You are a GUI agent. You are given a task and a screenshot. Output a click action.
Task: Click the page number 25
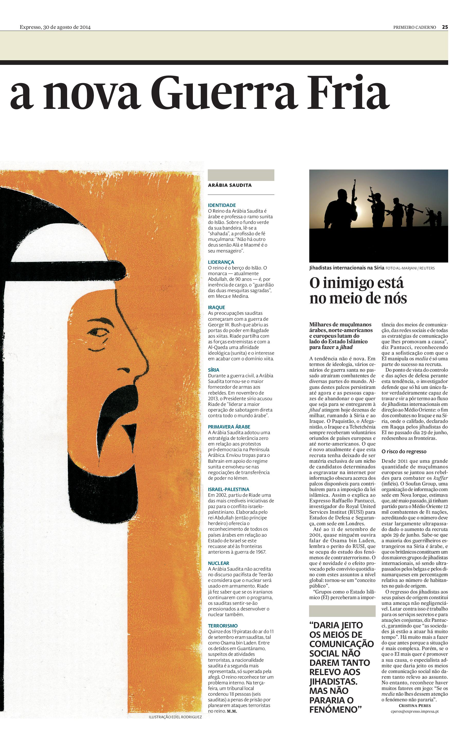(x=445, y=27)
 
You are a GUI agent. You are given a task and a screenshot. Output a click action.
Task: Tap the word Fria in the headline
(x=348, y=93)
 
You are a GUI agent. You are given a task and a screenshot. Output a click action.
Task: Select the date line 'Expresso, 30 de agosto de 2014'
(x=55, y=27)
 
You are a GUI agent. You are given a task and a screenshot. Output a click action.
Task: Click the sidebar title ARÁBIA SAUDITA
(x=230, y=185)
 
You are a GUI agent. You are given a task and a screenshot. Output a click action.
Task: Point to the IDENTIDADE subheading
(x=222, y=205)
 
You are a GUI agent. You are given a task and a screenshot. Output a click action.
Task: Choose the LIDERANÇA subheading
(x=221, y=262)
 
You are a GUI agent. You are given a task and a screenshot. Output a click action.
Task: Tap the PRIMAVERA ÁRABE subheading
(x=229, y=427)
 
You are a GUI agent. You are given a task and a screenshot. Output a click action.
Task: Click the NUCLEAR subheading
(x=219, y=563)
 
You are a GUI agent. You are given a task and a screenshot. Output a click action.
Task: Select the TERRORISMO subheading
(x=223, y=626)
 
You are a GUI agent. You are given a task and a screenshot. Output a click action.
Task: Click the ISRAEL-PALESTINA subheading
(x=229, y=489)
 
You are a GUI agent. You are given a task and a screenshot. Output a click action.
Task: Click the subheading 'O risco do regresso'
(x=404, y=451)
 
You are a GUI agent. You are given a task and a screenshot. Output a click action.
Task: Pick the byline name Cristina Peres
(x=414, y=705)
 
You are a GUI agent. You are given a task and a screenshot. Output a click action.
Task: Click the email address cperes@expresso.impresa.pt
(x=414, y=711)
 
